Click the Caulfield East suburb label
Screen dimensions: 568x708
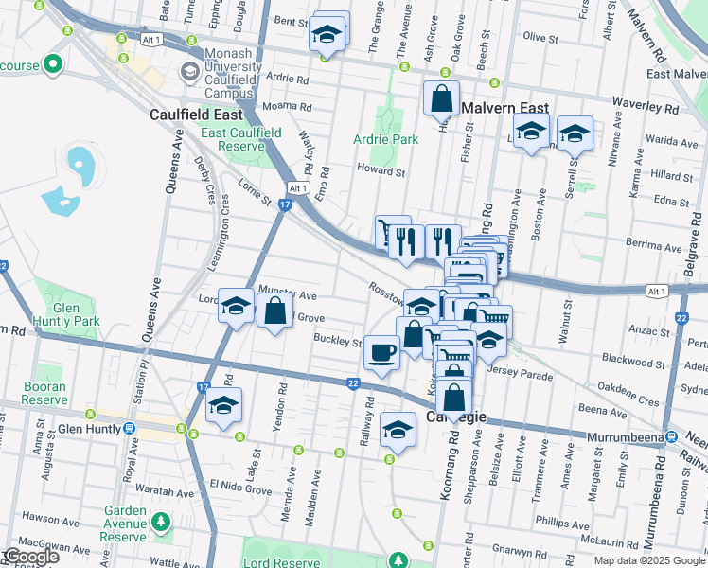pos(197,115)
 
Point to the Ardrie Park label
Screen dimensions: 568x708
pos(387,139)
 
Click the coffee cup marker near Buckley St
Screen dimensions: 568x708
pos(381,354)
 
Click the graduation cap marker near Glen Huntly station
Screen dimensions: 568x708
pos(222,405)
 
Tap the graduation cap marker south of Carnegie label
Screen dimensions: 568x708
pos(398,429)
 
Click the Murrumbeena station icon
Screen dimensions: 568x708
pos(670,436)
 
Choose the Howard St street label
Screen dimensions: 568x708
pos(381,172)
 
